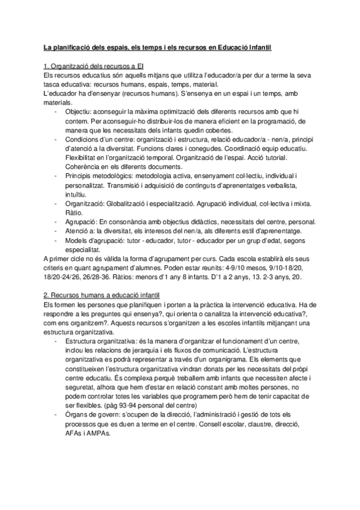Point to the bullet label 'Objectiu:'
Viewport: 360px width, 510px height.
pyautogui.click(x=78, y=112)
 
